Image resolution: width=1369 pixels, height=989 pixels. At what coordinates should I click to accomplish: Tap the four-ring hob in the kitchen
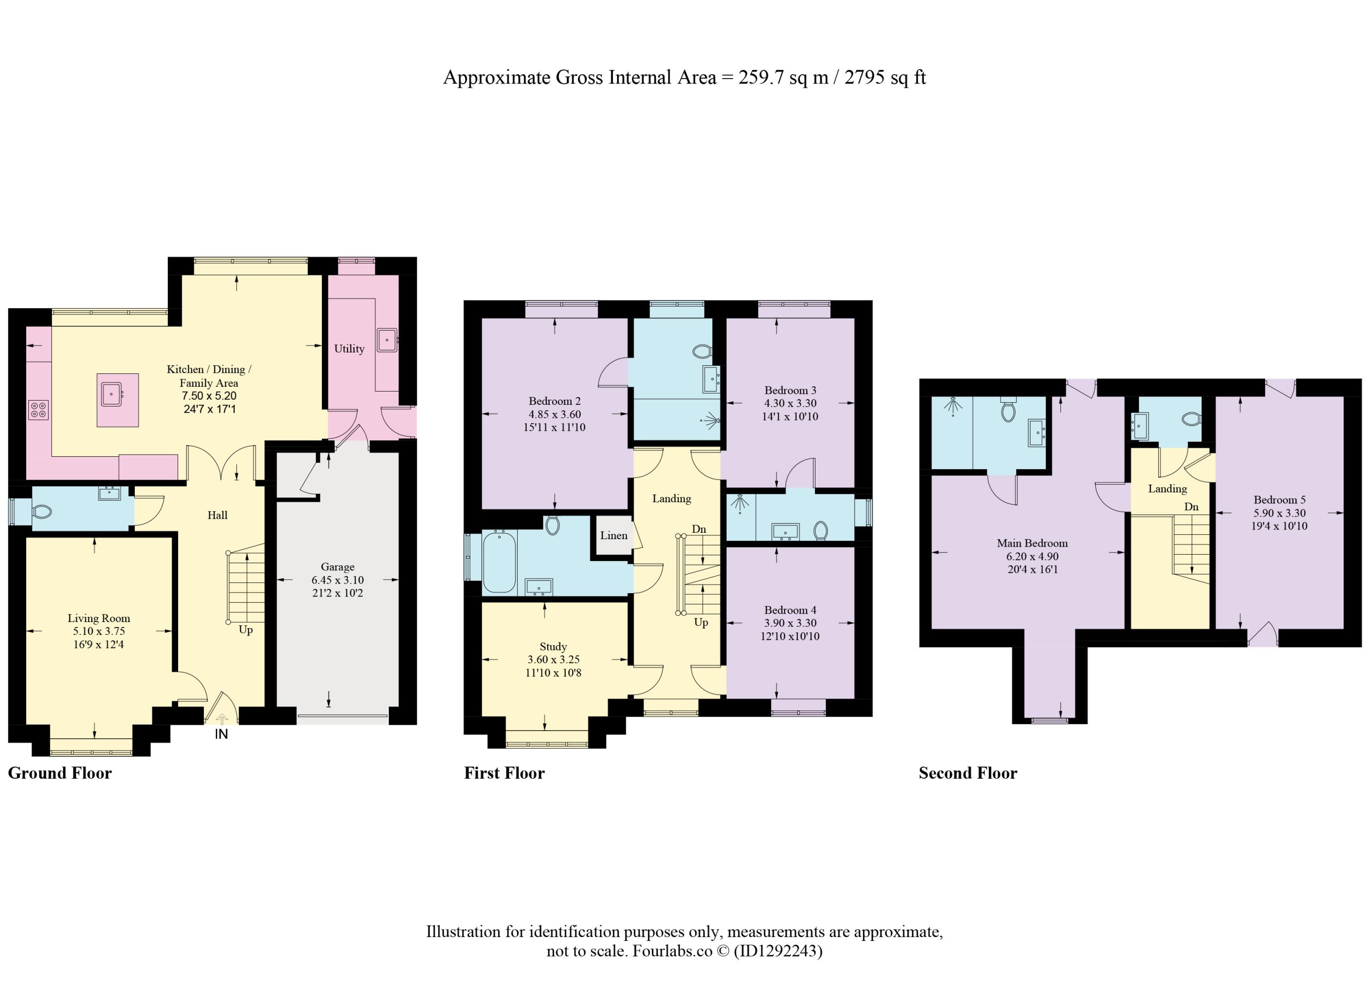click(x=39, y=410)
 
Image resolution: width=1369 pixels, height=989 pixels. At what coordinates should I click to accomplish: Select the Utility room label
click(x=350, y=348)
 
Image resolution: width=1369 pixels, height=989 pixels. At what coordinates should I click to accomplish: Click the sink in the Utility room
click(x=388, y=340)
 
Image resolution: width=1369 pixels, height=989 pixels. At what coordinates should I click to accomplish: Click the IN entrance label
click(x=221, y=734)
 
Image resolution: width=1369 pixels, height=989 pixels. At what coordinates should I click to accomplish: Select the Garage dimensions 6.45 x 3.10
click(x=337, y=580)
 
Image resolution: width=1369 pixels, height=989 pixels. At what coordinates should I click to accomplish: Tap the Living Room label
click(x=99, y=618)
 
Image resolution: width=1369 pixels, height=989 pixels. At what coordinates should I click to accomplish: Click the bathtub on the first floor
click(x=499, y=563)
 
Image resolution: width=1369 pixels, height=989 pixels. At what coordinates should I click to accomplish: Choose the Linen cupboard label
click(x=614, y=535)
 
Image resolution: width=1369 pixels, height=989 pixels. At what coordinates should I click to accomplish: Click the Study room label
click(x=553, y=646)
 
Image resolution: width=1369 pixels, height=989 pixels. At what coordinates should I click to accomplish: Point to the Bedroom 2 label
click(x=555, y=401)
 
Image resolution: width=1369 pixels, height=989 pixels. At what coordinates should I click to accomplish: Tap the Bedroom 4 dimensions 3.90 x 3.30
click(x=790, y=623)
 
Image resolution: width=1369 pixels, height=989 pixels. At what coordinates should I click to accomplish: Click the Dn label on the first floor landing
click(x=699, y=529)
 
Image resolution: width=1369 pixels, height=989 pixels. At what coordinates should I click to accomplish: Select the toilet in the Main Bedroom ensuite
click(x=1008, y=409)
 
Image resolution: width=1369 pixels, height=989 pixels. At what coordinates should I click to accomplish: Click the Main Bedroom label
click(x=1032, y=543)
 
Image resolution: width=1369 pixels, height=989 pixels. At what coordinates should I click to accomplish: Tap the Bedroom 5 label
click(x=1280, y=500)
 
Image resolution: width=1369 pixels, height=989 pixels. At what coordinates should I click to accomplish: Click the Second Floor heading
click(x=967, y=773)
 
